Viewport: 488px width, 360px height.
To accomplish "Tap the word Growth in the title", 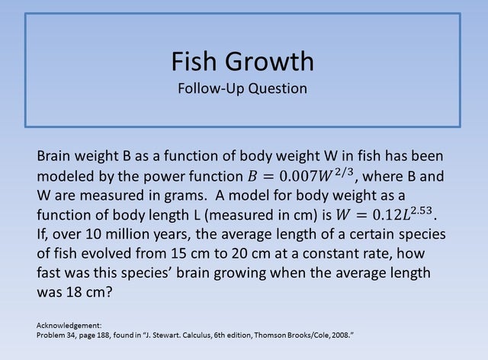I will [267, 60].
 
